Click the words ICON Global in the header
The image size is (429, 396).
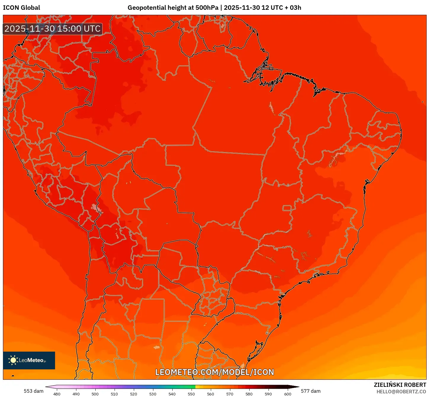[21, 8]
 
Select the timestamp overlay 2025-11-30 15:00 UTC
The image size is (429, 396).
[52, 29]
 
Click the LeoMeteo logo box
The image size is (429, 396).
[29, 360]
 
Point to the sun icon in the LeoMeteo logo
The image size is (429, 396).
[13, 360]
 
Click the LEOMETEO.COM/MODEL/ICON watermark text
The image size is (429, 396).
[215, 372]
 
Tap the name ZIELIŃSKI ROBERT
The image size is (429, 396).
[400, 385]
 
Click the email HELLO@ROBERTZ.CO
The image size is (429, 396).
[401, 392]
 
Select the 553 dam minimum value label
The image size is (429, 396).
[33, 391]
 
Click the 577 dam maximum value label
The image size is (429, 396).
[311, 391]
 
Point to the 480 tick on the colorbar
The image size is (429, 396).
[57, 394]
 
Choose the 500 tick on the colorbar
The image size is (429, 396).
[95, 394]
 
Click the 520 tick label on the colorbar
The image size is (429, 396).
[134, 394]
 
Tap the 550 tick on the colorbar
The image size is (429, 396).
[191, 394]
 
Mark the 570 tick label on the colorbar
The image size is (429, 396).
[230, 394]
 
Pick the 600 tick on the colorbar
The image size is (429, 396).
[287, 394]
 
